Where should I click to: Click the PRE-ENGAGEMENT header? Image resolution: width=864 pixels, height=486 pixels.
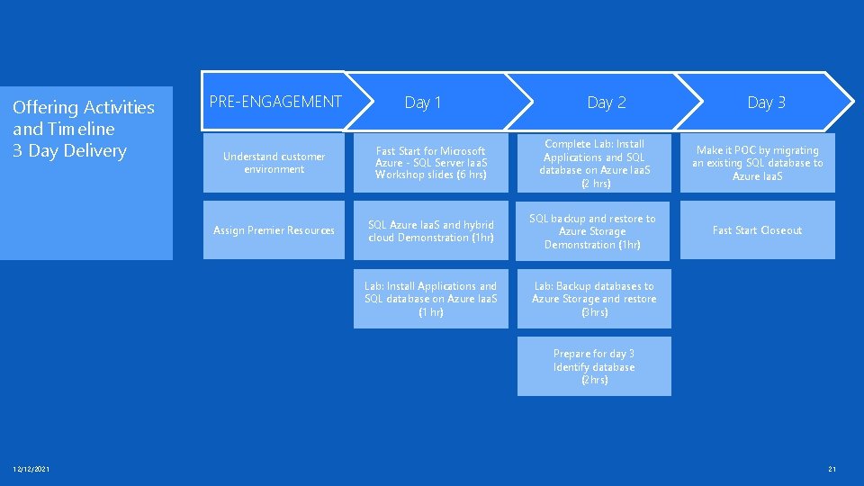click(274, 102)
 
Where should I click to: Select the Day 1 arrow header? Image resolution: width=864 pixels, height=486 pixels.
click(423, 103)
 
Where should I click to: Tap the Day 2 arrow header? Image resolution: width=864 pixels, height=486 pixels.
click(606, 103)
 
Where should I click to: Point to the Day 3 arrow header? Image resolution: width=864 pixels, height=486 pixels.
click(766, 103)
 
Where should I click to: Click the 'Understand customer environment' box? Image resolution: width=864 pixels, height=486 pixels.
click(274, 163)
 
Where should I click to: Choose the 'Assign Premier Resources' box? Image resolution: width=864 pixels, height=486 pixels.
click(274, 230)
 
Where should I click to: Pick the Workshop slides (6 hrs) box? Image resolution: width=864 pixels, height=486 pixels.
click(430, 163)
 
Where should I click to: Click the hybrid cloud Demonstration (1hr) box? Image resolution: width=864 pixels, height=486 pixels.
click(430, 231)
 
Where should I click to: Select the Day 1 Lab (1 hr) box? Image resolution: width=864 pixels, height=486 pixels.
click(430, 299)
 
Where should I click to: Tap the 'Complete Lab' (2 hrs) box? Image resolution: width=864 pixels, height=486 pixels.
click(594, 163)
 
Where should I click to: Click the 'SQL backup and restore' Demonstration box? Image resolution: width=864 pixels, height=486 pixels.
click(594, 231)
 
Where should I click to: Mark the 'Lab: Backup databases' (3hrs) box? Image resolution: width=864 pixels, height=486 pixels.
click(594, 299)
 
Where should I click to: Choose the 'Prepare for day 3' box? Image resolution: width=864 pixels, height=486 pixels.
click(594, 366)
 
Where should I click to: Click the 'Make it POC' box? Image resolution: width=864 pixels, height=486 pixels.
click(757, 163)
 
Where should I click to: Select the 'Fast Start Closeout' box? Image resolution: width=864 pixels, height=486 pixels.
click(757, 230)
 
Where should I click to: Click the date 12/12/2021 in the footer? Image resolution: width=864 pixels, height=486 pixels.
click(31, 469)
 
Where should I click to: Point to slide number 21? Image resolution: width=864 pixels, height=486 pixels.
click(832, 469)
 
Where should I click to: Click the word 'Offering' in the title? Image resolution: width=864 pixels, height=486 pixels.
click(44, 108)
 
